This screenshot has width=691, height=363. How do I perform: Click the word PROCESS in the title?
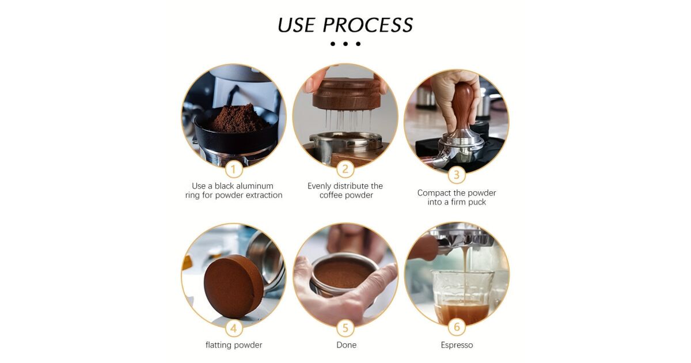[368, 25]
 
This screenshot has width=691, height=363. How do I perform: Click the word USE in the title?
[296, 25]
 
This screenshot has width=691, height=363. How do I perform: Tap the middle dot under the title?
[345, 44]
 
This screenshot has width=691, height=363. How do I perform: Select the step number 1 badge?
[234, 169]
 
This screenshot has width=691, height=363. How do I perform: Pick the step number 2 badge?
[345, 169]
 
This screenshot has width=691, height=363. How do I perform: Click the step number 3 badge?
[457, 175]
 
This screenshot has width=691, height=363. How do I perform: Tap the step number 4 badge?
[234, 328]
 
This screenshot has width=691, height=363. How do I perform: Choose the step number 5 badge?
[345, 328]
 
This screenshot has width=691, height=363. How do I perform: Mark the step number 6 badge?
[457, 327]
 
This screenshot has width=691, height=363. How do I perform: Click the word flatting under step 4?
[219, 345]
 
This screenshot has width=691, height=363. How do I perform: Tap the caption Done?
[346, 345]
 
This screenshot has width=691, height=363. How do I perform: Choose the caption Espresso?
[457, 345]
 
